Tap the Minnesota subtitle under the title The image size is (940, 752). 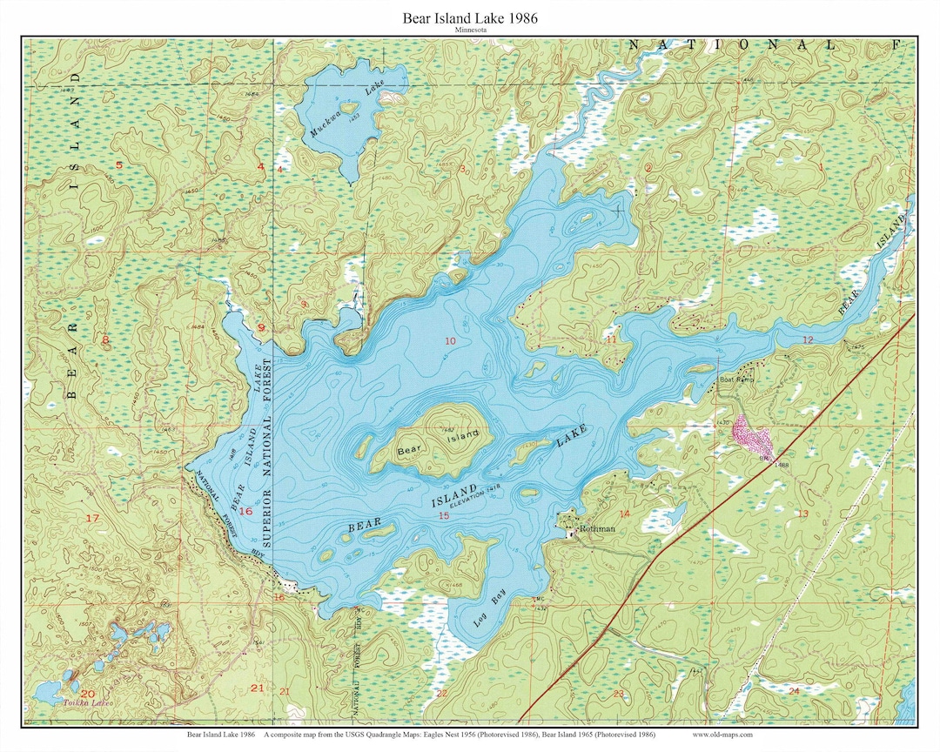(x=469, y=30)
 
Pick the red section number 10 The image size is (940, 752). (x=450, y=340)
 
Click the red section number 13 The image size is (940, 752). (x=802, y=514)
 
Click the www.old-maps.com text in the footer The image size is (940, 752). (x=723, y=734)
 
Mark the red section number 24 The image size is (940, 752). (x=793, y=690)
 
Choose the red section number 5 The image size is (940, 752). (x=118, y=164)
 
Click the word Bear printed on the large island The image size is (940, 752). (x=407, y=450)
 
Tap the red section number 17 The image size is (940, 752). (x=93, y=519)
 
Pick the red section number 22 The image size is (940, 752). (x=441, y=693)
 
